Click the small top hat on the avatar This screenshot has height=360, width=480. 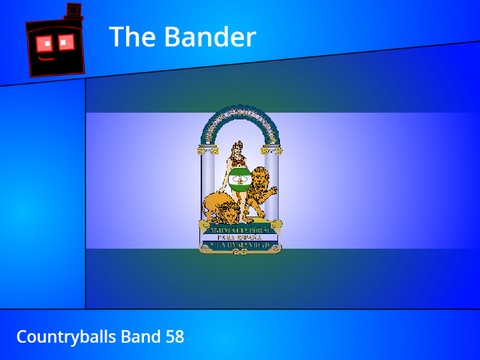[x=72, y=12]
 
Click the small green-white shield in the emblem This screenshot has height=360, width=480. [x=239, y=181]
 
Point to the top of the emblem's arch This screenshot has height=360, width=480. [x=239, y=110]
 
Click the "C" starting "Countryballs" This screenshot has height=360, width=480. [x=22, y=337]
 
